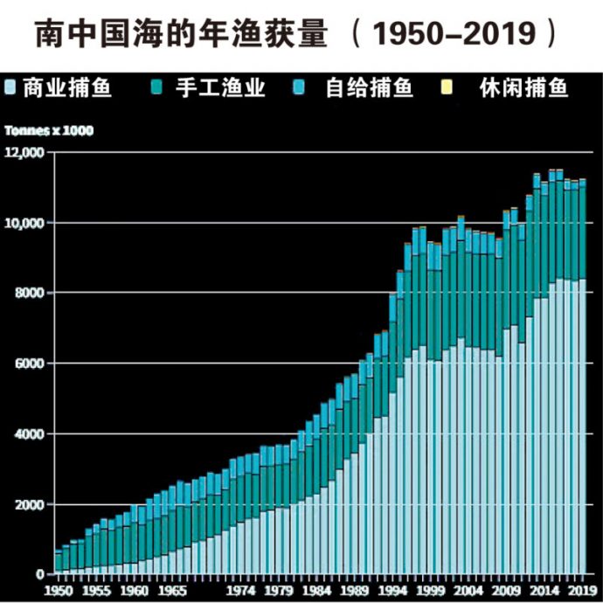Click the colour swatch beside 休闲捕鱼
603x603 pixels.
point(471,87)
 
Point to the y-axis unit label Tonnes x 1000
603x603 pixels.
point(49,131)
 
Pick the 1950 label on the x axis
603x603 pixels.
point(59,590)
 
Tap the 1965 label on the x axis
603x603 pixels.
point(172,590)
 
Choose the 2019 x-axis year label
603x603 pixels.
point(580,590)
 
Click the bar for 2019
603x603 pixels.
point(582,376)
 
